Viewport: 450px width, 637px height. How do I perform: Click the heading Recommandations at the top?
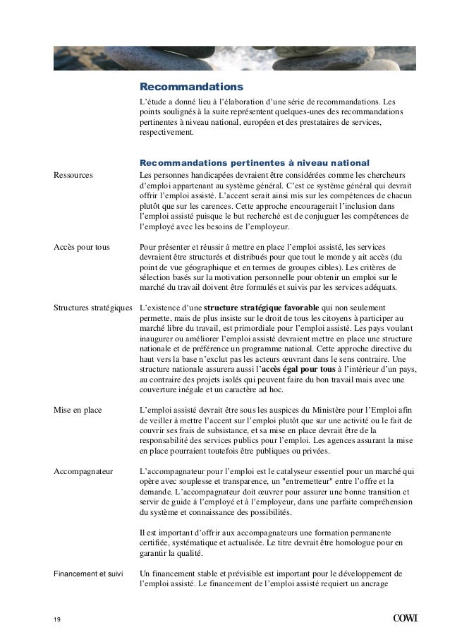coord(191,87)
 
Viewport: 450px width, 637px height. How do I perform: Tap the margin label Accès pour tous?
coord(82,248)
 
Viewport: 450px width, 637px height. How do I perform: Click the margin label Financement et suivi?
coord(89,574)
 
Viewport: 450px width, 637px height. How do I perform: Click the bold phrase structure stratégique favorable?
coord(261,308)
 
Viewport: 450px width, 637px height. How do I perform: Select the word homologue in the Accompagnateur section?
coord(361,543)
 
